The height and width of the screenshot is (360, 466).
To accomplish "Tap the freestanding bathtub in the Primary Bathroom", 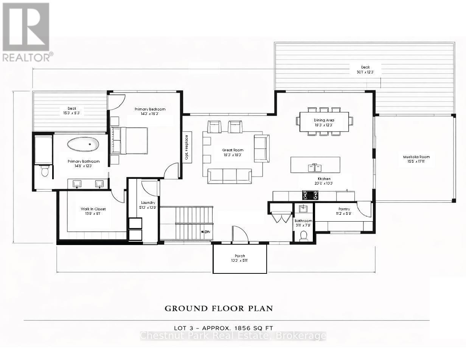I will tap(83, 144).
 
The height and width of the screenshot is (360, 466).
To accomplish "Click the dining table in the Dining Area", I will tap(324, 121).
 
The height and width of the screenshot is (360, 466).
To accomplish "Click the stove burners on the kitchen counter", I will tap(310, 195).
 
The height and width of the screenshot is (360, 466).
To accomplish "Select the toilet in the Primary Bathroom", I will tap(44, 171).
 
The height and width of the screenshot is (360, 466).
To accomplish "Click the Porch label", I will tap(240, 258).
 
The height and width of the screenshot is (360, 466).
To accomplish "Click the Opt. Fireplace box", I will tap(187, 146).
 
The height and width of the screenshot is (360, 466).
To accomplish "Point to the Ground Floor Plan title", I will tap(219, 308).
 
